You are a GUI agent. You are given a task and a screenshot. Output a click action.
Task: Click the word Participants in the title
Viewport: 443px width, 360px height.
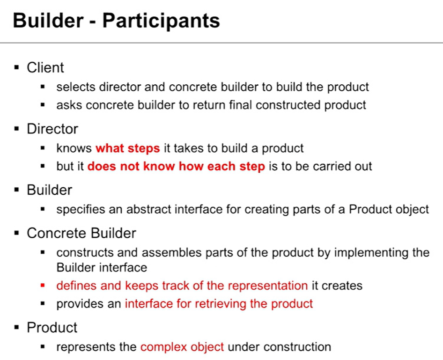161,21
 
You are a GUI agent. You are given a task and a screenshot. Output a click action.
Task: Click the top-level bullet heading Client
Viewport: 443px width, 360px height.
45,67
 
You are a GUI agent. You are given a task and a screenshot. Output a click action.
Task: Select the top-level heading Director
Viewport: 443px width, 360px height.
52,129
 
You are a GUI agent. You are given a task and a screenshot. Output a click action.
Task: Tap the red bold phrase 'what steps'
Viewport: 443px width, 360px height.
128,148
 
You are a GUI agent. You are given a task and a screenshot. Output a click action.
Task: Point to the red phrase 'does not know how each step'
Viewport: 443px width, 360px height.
176,166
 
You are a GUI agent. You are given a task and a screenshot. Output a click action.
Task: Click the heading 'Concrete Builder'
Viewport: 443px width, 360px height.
81,233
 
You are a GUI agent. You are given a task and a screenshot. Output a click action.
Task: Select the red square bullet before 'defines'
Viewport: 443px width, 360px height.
43,286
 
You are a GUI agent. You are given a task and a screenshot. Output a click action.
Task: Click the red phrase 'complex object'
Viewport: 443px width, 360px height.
182,347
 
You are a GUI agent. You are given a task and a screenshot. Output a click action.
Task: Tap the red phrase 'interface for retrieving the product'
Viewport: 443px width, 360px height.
219,304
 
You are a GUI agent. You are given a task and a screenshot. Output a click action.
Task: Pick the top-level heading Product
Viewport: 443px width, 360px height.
52,328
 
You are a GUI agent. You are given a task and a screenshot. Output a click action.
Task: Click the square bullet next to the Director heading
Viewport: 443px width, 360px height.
17,129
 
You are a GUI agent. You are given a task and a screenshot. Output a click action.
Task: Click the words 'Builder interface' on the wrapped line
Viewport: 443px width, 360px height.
102,268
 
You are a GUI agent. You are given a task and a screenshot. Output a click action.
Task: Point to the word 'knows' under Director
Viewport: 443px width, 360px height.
74,148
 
